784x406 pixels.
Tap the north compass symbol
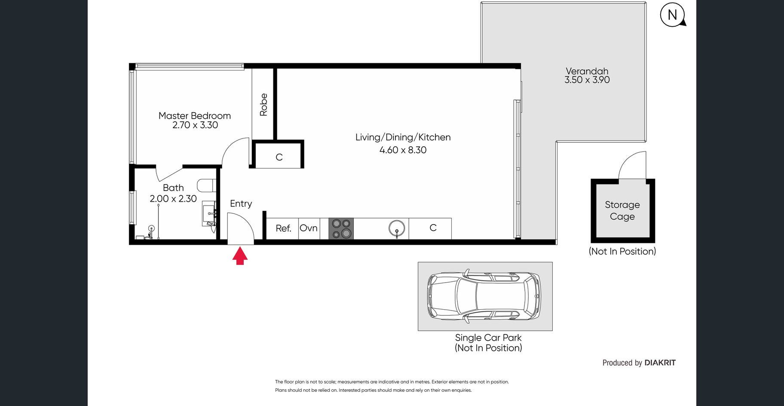tap(673, 15)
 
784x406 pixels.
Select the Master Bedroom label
tap(195, 116)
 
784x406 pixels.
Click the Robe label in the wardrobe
tap(263, 105)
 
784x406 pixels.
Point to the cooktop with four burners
tap(341, 228)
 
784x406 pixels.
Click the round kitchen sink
tap(397, 228)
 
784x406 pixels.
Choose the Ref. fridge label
tap(284, 228)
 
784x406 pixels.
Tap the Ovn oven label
tap(309, 228)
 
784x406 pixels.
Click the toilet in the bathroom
tap(207, 185)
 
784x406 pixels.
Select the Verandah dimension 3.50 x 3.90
tap(587, 80)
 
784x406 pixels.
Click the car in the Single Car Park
tap(484, 296)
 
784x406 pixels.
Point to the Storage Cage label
tap(622, 210)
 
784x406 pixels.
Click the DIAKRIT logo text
tap(660, 363)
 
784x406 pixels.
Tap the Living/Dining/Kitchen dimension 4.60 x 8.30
tap(403, 150)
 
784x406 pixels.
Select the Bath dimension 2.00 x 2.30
tap(173, 199)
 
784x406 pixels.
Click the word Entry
tap(241, 204)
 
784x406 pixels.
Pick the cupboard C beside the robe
tap(279, 157)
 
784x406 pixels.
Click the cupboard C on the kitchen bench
tap(433, 228)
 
